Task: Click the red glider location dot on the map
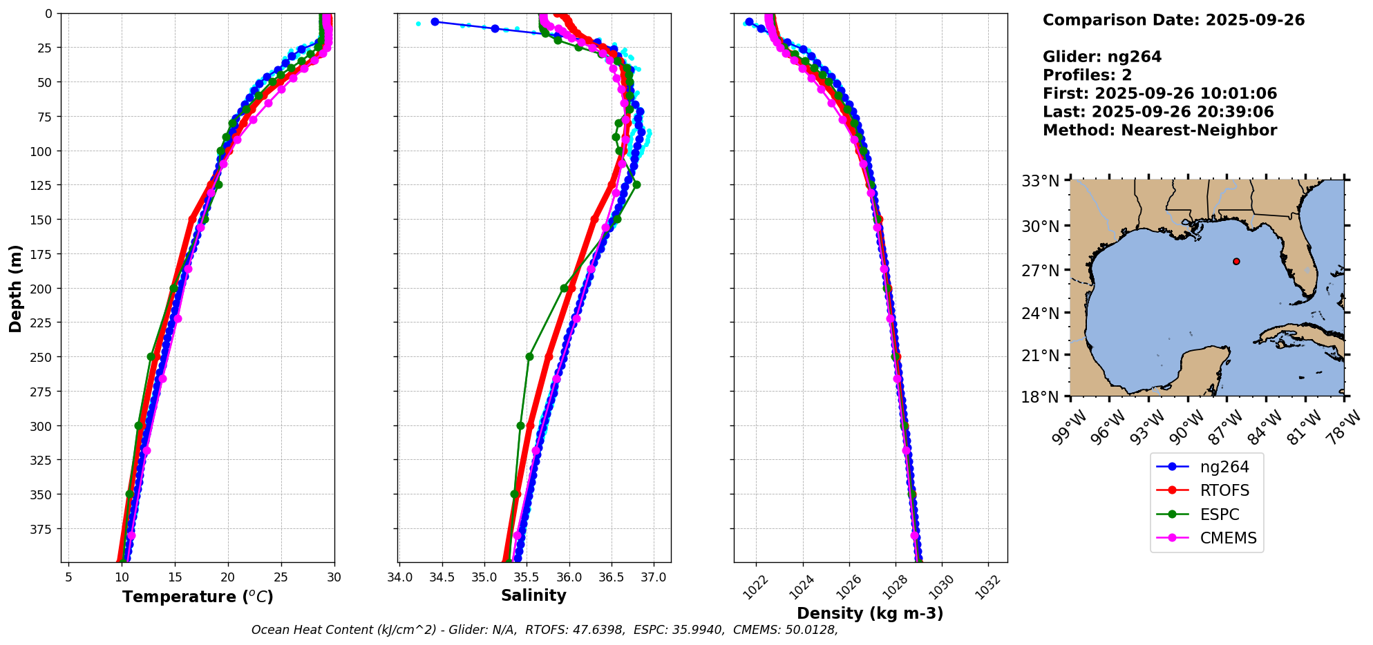point(1236,261)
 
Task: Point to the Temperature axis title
point(198,597)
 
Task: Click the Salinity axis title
point(533,595)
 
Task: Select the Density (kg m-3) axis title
point(870,613)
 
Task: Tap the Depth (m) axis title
point(15,288)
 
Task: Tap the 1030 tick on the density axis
point(941,584)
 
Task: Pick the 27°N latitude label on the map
point(1041,270)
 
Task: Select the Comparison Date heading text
point(1173,20)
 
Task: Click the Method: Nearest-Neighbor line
point(1159,131)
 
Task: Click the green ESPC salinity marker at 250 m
point(529,357)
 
